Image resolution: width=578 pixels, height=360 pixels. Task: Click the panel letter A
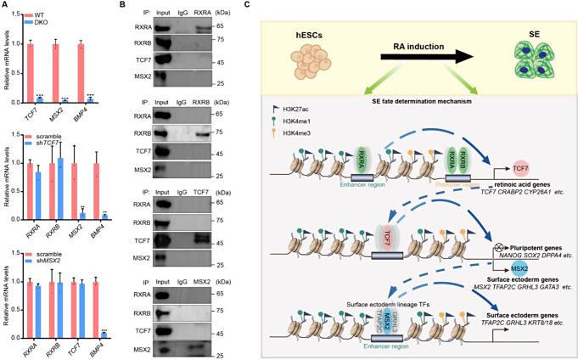point(5,6)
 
